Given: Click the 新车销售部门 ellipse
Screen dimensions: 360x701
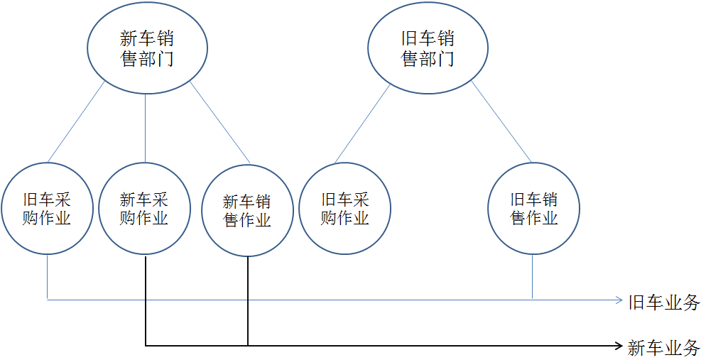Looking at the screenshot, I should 147,48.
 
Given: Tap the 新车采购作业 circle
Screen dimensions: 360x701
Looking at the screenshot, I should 145,209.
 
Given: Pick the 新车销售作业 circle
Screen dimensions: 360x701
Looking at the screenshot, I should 247,211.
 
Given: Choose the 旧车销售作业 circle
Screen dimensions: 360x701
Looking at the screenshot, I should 533,209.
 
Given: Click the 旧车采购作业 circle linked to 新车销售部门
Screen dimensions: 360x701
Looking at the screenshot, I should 47,209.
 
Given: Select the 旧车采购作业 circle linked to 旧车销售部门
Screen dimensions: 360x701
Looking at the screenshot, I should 344,209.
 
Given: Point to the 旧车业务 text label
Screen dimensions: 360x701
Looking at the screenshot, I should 664,302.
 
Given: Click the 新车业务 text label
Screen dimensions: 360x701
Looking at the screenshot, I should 664,348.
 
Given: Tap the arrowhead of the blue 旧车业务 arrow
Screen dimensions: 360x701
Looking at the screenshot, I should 619,300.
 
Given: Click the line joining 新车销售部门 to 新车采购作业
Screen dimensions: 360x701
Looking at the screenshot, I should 145,128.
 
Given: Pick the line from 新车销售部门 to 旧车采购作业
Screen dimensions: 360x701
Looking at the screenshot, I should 76,122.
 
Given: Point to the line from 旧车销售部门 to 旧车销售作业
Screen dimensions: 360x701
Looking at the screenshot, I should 501,122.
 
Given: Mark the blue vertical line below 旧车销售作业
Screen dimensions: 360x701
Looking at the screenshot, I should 533,277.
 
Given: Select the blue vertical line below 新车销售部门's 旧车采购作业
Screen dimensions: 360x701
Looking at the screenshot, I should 47,277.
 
